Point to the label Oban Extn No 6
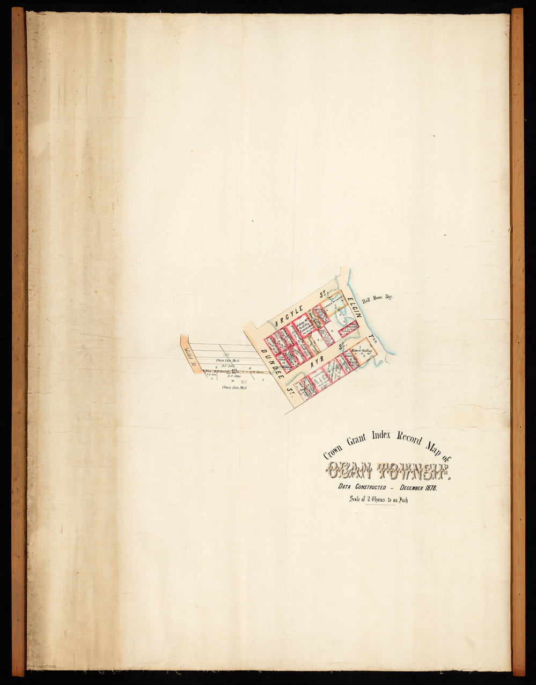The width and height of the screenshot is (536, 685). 226,360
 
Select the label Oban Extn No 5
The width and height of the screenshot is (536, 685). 234,387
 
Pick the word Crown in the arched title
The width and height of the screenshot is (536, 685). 333,449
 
